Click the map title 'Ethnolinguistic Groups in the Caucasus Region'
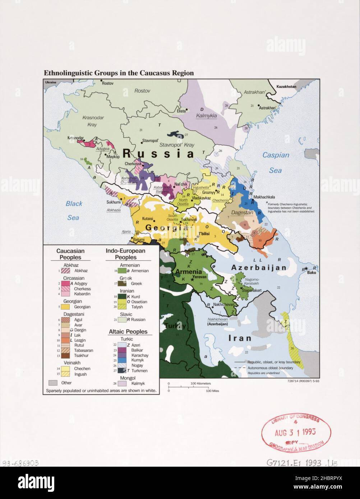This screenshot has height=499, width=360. pyautogui.click(x=119, y=73)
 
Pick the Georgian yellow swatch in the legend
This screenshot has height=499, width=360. pyautogui.click(x=65, y=307)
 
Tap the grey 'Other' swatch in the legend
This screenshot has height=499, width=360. pyautogui.click(x=53, y=383)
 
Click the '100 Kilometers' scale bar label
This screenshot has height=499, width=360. pyautogui.click(x=200, y=384)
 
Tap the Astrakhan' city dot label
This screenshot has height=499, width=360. pyautogui.click(x=268, y=108)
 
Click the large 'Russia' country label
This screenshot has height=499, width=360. pyautogui.click(x=158, y=154)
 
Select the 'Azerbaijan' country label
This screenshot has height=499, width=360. pyautogui.click(x=259, y=268)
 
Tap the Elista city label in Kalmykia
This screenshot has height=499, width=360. pyautogui.click(x=180, y=111)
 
